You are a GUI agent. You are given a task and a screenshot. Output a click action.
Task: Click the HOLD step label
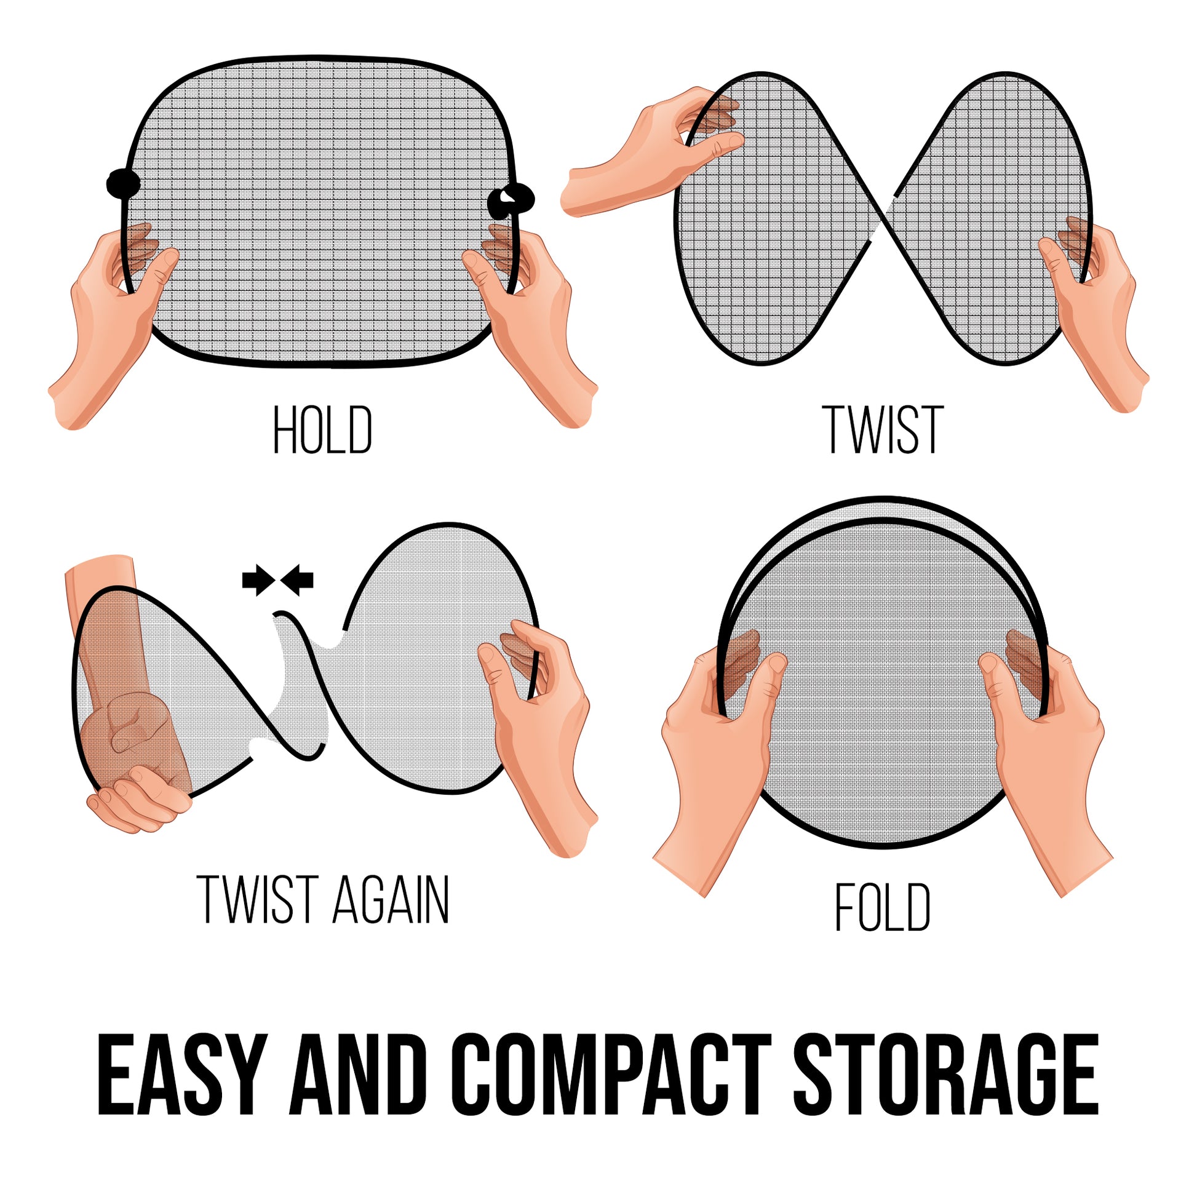pos(323,429)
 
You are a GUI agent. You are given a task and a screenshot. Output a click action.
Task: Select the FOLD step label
pos(882,907)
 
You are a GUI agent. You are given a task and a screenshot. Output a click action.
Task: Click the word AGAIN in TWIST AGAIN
pos(391,900)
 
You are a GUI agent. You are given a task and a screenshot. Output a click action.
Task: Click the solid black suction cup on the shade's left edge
pos(122,183)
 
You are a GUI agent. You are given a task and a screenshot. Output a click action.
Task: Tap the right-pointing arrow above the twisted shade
pos(256,580)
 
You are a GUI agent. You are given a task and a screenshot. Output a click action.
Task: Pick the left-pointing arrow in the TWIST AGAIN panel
pos(298,580)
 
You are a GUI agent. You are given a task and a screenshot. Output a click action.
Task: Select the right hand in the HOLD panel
pos(533,322)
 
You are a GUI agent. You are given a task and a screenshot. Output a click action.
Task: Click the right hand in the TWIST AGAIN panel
pos(539,731)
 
